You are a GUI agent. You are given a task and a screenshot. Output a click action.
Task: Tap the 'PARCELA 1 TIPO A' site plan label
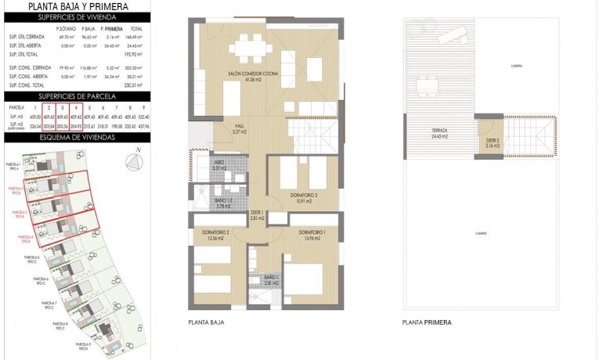(x=13, y=166)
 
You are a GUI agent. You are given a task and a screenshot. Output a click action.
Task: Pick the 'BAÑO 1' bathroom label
(x=271, y=279)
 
